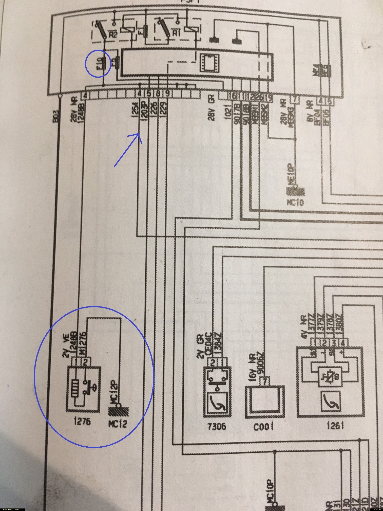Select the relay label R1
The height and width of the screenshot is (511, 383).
click(x=175, y=33)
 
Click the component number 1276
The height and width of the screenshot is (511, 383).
click(x=82, y=422)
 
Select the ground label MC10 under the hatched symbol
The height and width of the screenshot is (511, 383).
click(x=295, y=203)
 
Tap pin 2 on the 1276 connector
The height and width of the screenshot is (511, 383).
click(x=85, y=361)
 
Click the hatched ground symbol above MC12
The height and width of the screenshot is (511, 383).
click(x=118, y=411)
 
